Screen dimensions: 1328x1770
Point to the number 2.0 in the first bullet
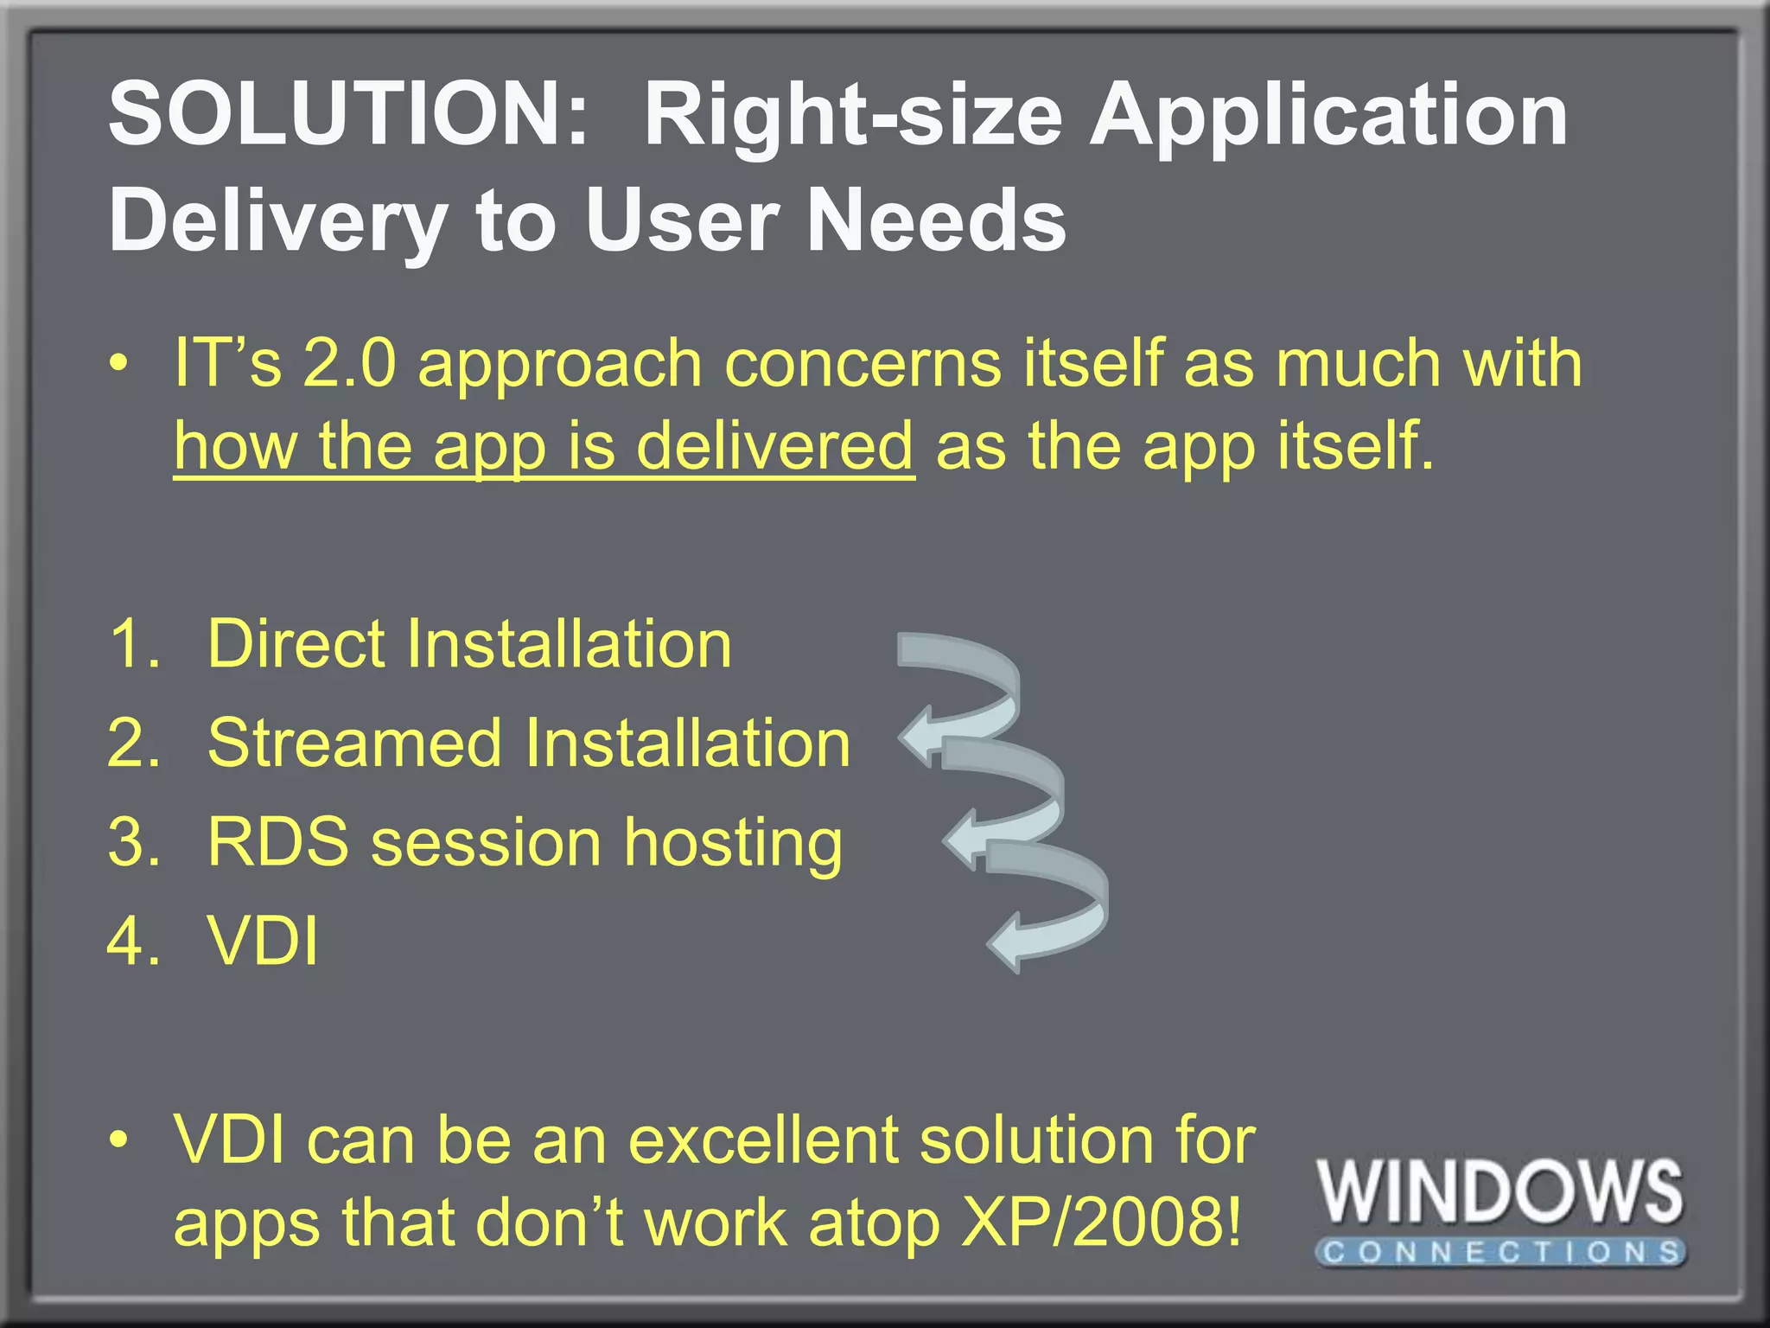point(349,363)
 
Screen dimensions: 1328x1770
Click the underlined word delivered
point(774,446)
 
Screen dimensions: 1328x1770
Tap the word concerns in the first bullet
point(863,363)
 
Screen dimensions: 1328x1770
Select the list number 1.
point(134,644)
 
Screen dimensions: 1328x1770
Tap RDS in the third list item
point(278,842)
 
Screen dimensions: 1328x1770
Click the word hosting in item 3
point(733,844)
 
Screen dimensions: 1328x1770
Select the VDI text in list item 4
point(263,941)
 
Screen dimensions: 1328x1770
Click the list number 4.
point(134,941)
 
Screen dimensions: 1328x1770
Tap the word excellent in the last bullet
point(763,1140)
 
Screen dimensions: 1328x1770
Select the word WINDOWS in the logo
point(1499,1192)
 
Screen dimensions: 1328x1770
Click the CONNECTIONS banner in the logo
point(1501,1252)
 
